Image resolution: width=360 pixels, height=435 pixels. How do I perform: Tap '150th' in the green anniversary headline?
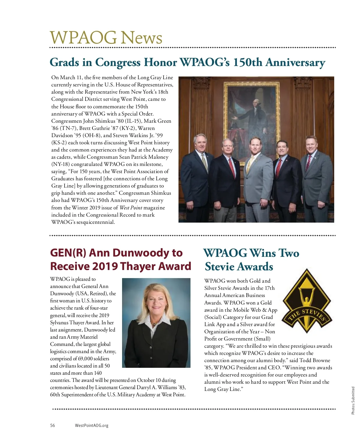pyautogui.click(x=247, y=62)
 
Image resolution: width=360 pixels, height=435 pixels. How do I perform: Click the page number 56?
pyautogui.click(x=52, y=425)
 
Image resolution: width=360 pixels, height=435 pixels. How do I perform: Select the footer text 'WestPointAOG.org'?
pyautogui.click(x=91, y=425)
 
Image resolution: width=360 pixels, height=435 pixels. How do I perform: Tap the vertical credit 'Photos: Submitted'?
pyautogui.click(x=353, y=400)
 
